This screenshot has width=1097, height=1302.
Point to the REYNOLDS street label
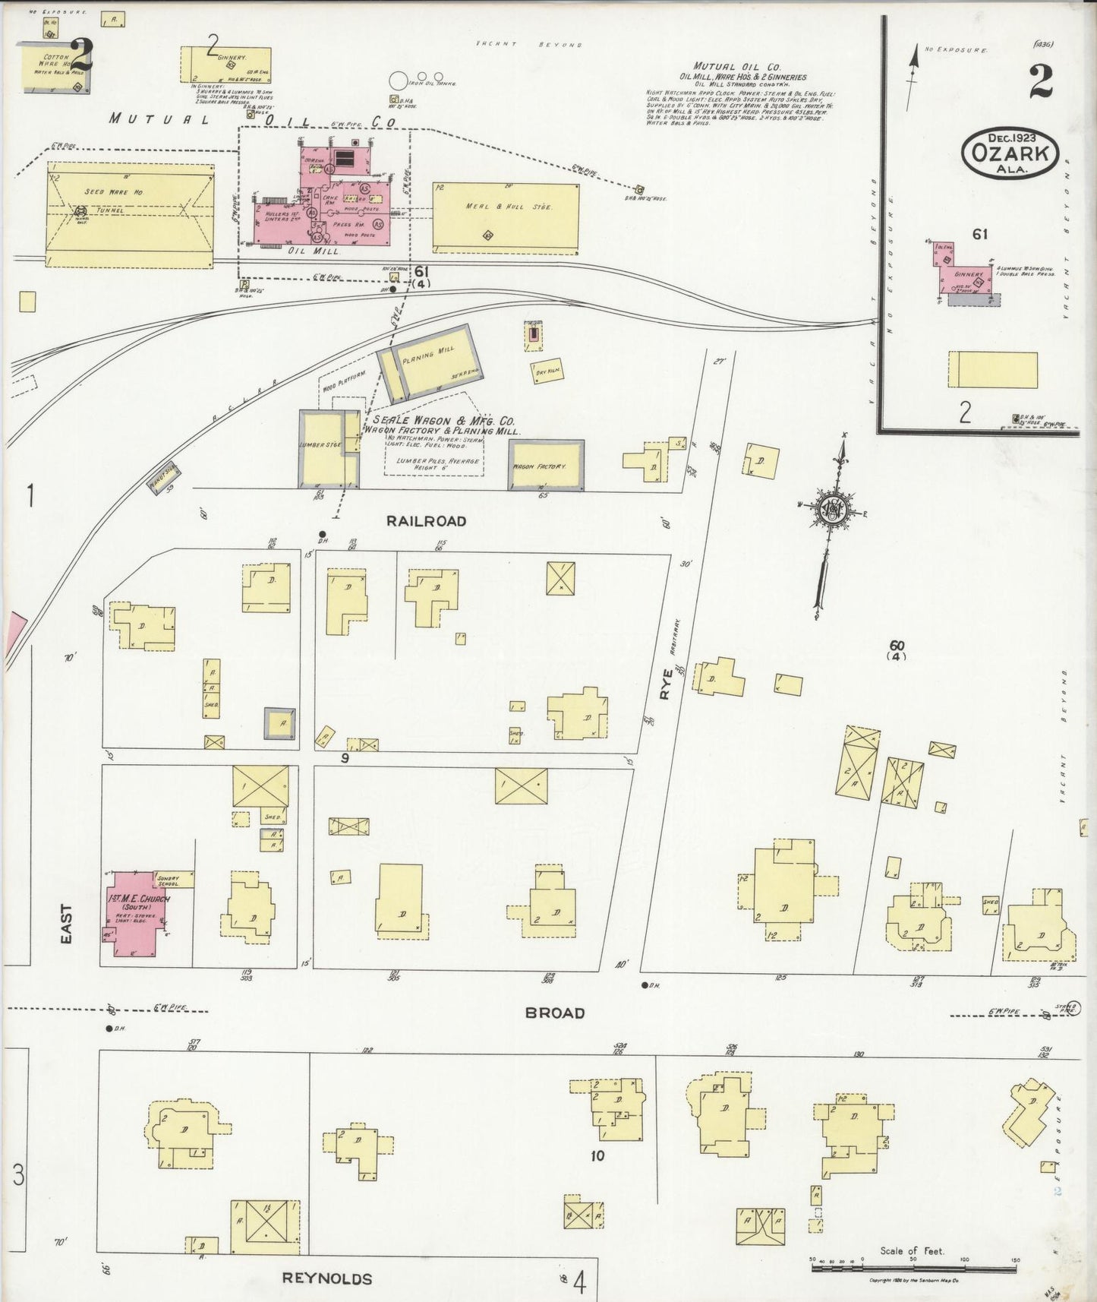[327, 1278]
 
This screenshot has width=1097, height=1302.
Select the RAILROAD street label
[425, 521]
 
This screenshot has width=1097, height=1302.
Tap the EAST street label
[67, 923]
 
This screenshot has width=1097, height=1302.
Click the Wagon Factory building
[546, 466]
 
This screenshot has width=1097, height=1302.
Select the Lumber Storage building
[321, 448]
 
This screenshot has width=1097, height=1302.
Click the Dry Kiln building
[547, 371]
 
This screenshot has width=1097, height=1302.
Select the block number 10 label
[597, 1156]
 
